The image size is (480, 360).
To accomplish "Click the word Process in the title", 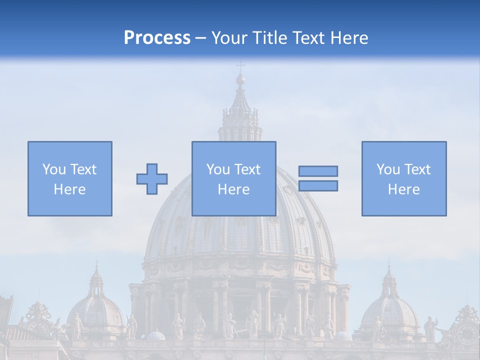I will click(x=157, y=38).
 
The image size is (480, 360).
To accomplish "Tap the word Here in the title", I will click(x=347, y=38).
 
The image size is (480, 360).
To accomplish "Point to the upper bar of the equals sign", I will click(x=318, y=171).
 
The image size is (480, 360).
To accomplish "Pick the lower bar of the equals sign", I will click(x=318, y=186).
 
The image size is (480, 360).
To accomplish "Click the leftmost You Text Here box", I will click(x=70, y=178).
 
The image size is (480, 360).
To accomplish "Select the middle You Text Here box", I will click(x=234, y=178).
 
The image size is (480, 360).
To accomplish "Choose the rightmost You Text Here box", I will click(x=404, y=178).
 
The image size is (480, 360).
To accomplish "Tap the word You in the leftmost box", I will click(x=53, y=169).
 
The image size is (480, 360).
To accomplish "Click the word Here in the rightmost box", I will click(x=403, y=189).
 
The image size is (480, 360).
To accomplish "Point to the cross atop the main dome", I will click(x=240, y=66).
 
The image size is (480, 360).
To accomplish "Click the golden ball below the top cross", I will click(x=240, y=79).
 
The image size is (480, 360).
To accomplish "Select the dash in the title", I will click(x=201, y=38).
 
